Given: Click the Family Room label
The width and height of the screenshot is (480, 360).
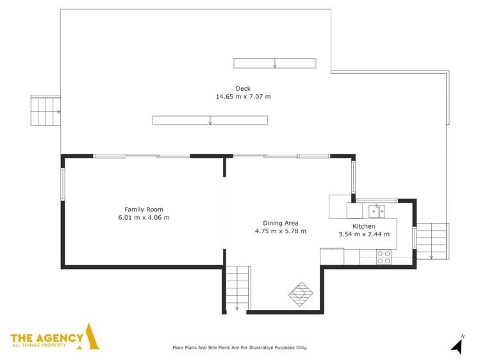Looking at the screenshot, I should (x=144, y=209).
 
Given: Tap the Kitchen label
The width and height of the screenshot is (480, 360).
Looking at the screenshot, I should (x=363, y=226).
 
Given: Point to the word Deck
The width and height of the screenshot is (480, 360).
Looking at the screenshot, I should (x=243, y=89).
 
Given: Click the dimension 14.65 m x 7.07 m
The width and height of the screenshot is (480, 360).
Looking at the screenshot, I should (x=243, y=97).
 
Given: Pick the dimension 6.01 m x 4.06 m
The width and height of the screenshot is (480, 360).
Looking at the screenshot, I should (x=144, y=218).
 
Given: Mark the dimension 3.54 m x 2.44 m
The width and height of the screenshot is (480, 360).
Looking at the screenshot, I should (x=363, y=234).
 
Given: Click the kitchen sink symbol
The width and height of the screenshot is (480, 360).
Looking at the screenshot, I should (x=376, y=211).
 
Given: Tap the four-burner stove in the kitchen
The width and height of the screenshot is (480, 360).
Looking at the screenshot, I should (x=384, y=257).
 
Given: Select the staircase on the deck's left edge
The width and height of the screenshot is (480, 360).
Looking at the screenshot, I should (x=46, y=111).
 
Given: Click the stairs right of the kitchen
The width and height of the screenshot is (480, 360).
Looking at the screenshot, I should (x=431, y=240).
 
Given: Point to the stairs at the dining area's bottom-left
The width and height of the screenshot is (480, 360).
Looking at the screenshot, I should (x=238, y=288).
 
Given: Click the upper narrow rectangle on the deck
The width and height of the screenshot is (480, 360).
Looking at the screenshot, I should (x=274, y=63).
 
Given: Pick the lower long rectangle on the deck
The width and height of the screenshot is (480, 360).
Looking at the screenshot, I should (x=210, y=120).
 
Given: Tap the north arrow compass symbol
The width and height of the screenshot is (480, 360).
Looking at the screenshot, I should (x=458, y=345).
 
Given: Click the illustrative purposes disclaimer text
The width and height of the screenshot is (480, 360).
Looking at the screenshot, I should (x=240, y=348).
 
